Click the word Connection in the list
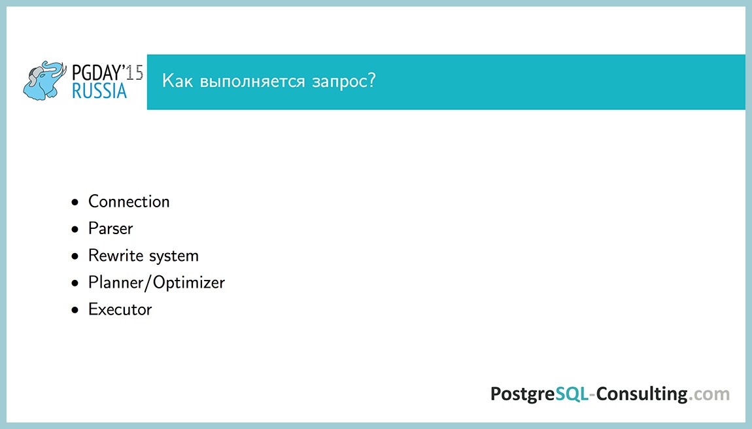[129, 201]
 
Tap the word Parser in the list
[111, 229]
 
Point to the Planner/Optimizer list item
[156, 283]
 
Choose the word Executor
[120, 309]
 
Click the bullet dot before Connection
[76, 202]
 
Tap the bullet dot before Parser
[76, 230]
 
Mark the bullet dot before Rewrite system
[76, 256]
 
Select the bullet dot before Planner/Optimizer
[76, 283]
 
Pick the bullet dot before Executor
[76, 310]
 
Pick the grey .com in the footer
[709, 394]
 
